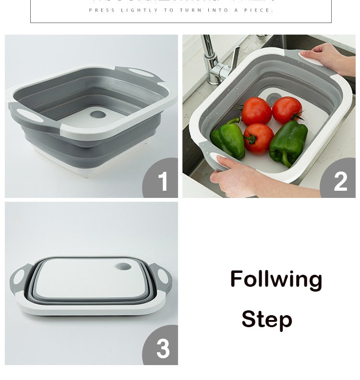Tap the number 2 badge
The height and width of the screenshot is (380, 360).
tap(340, 182)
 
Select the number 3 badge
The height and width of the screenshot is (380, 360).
tap(163, 349)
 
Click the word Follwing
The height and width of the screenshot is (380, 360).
tap(276, 279)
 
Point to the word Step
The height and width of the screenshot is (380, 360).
tap(266, 319)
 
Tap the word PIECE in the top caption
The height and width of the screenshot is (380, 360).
tap(258, 10)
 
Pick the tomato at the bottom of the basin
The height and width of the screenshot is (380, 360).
tap(258, 138)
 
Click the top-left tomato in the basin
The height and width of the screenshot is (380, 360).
tap(256, 111)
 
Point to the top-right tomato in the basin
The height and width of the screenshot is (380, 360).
tap(287, 110)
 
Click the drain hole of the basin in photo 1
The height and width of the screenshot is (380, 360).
tap(97, 115)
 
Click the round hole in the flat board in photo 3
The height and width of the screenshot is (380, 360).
tap(123, 266)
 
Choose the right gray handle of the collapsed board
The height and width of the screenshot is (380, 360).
tap(161, 277)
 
